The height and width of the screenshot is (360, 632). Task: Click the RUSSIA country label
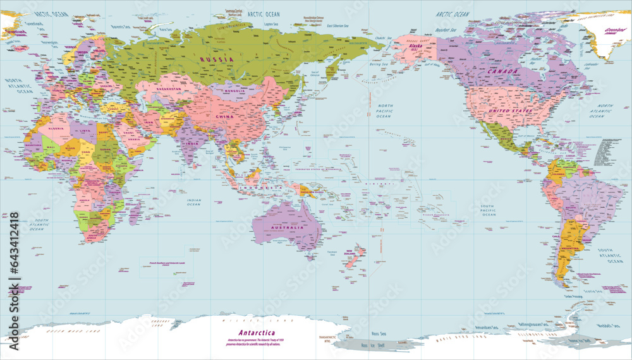(x=217, y=59)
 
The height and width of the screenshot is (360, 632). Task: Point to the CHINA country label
(x=225, y=117)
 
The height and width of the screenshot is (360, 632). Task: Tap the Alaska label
(x=416, y=47)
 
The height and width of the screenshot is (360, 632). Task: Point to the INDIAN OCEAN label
(x=193, y=202)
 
